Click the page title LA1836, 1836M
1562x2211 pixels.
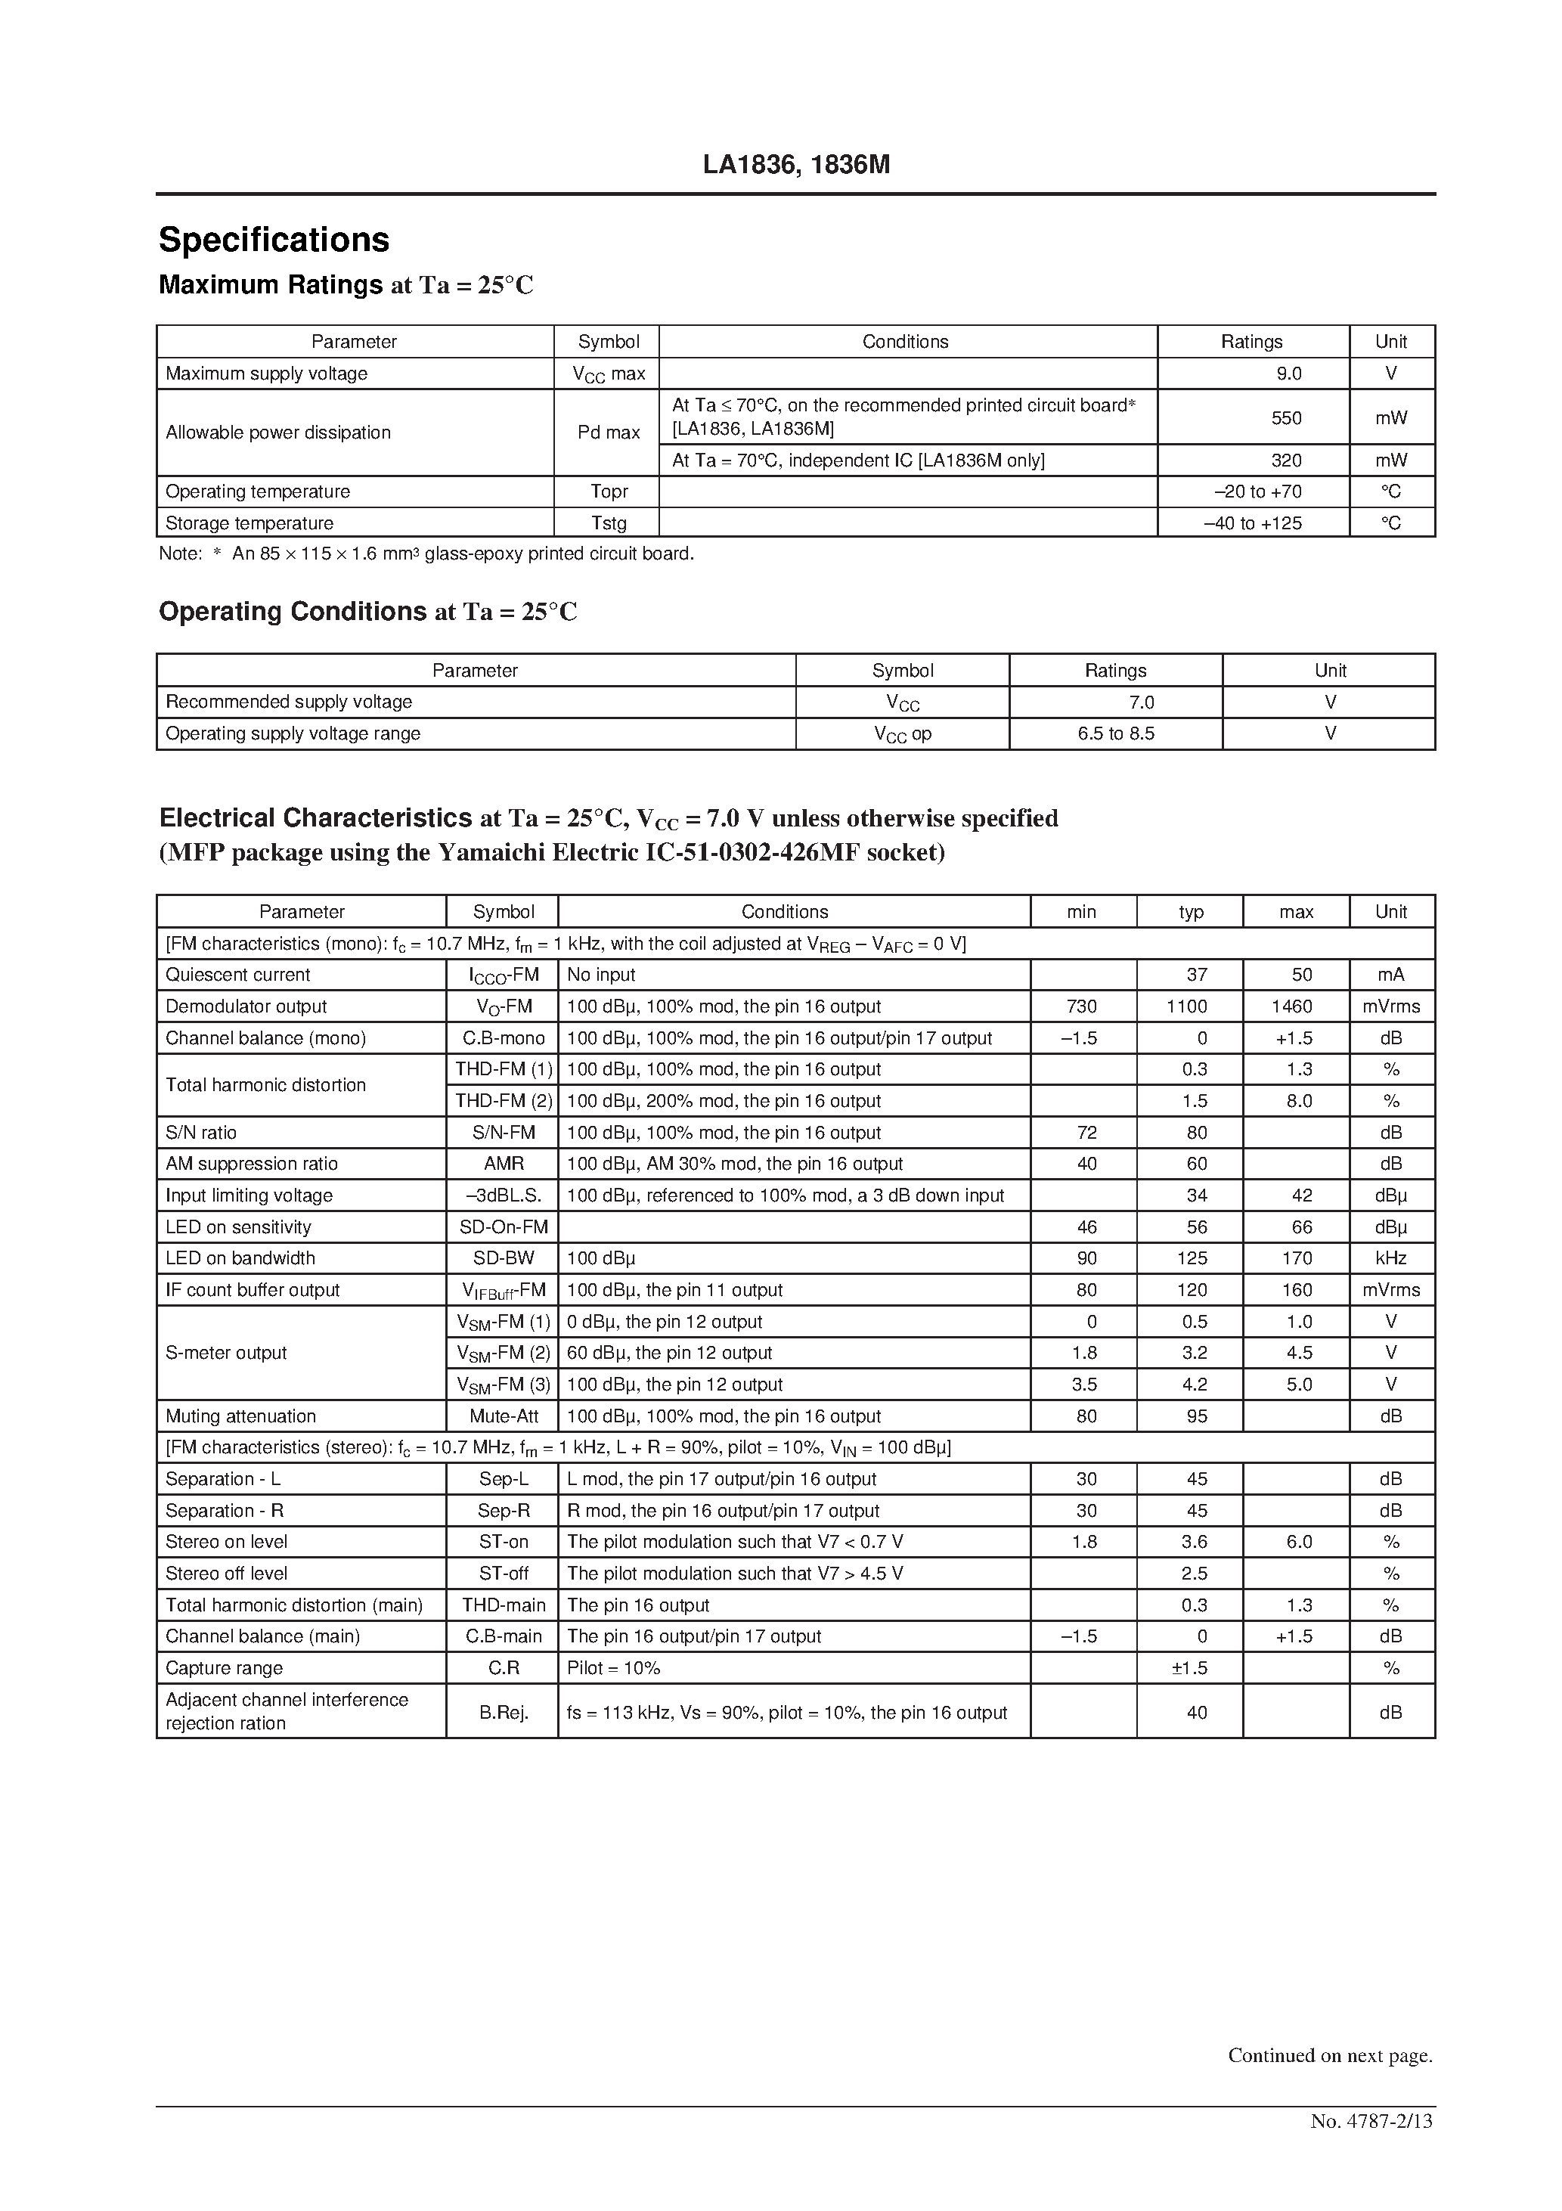pos(795,166)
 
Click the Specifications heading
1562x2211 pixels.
pos(274,240)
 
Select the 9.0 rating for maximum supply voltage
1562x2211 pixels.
pos(1288,374)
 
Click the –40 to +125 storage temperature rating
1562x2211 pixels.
pos(1252,523)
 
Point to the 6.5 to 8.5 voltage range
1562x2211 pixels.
pos(1115,733)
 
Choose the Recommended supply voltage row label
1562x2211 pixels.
pos(289,702)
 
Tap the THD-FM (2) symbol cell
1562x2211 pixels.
pos(504,1101)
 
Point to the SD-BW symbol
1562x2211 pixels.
pos(504,1257)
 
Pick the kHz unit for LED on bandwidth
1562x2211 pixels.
pos(1390,1257)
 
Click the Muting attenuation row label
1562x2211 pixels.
pos(240,1416)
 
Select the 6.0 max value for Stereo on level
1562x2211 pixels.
pos(1298,1542)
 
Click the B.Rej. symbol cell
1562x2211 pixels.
pos(504,1712)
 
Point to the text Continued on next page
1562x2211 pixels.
pos(1330,2055)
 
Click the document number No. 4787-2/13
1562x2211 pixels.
pos(1371,2120)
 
